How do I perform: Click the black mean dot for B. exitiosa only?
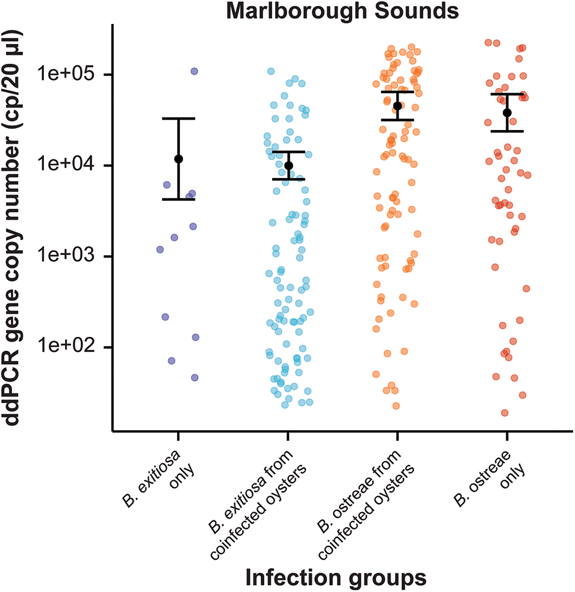tap(178, 159)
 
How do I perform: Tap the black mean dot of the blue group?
tap(288, 165)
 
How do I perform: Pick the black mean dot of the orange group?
tap(397, 106)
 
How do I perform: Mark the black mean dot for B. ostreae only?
tap(507, 113)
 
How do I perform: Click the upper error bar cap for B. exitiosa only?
tap(178, 119)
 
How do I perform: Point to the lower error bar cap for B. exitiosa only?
tap(178, 199)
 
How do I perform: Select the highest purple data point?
tap(194, 71)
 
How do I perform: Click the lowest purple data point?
tap(195, 378)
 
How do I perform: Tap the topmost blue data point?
tap(271, 72)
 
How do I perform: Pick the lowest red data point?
tap(505, 413)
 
